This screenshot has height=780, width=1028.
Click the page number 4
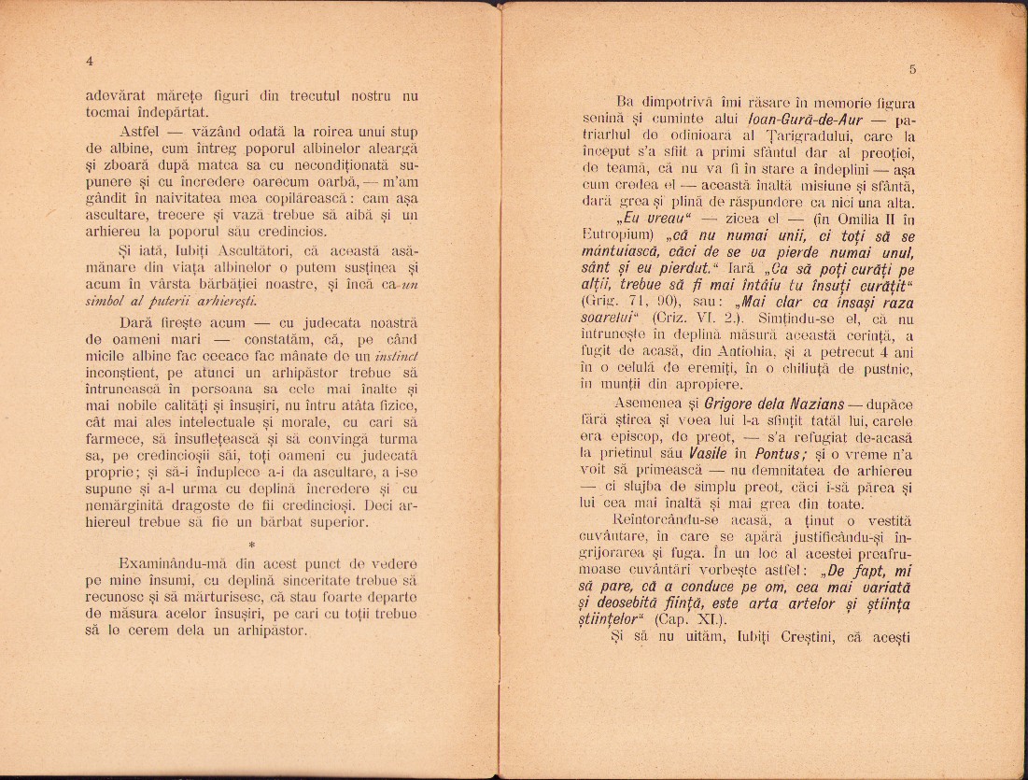[x=89, y=61]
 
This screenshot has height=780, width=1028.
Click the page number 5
[x=911, y=69]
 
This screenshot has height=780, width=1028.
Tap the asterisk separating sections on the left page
[x=252, y=543]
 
